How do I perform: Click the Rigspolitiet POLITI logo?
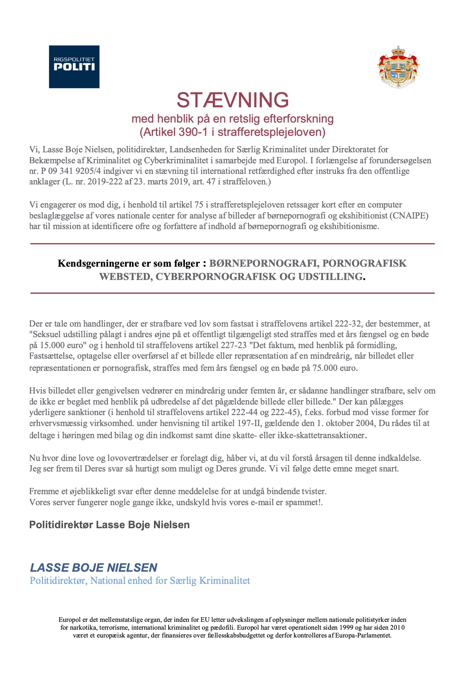(74, 67)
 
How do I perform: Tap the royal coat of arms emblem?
(398, 66)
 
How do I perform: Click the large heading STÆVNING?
(232, 100)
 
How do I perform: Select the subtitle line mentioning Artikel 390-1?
(232, 132)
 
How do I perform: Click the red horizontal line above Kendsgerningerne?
(232, 244)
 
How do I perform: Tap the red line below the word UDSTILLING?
(232, 293)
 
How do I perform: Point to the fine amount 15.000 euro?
(60, 346)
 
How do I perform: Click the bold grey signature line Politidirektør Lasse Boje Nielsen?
(109, 525)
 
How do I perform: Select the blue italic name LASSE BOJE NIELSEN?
(94, 568)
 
